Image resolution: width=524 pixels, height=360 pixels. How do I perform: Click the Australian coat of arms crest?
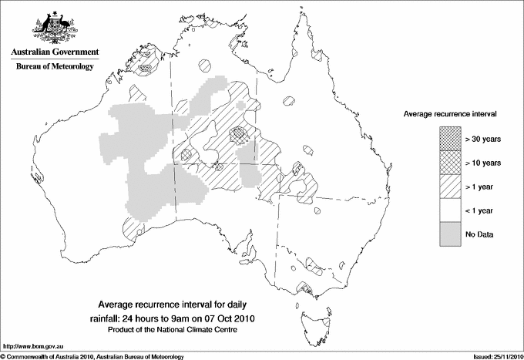pos(54,28)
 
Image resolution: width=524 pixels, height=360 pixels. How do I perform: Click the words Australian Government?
pos(54,52)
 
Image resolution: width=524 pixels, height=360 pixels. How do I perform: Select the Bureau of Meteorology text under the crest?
pos(54,67)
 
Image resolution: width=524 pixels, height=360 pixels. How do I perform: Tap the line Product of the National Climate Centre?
pos(177,330)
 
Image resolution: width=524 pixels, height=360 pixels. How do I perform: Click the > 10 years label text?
pos(483,163)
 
